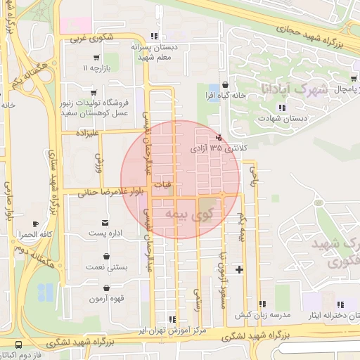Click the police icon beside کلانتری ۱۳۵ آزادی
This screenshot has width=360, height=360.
pos(219,137)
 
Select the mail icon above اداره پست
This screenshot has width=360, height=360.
pos(105,221)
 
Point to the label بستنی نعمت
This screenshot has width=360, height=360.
pos(105,266)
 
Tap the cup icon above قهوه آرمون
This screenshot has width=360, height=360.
pos(105,288)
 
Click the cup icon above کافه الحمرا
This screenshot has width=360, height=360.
pos(37,224)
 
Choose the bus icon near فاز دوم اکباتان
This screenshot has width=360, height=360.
pos(18,345)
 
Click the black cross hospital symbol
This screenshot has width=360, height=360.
pos(240,269)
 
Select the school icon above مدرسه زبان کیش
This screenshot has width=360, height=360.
pos(262,304)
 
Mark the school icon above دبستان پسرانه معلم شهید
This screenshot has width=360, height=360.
pos(153,36)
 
